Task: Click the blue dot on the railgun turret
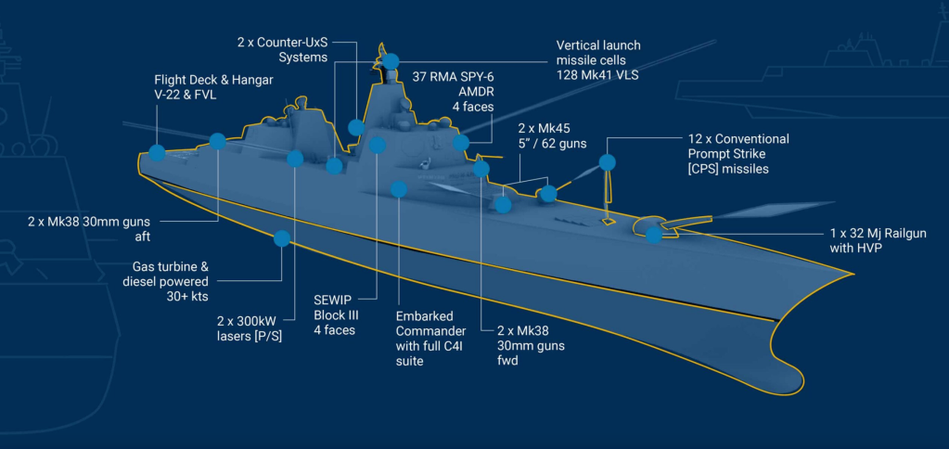(654, 235)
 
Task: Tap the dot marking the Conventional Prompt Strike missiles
(608, 162)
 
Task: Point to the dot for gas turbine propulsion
(282, 239)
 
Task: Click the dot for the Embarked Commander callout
(399, 189)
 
